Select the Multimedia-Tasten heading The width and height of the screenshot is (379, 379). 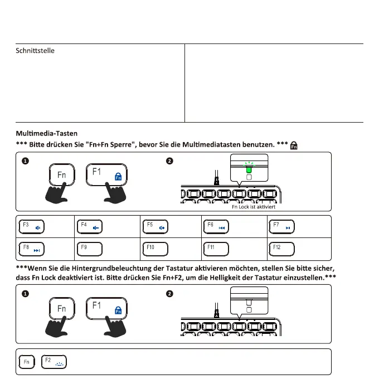[47, 134]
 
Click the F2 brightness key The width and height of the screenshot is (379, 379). [54, 362]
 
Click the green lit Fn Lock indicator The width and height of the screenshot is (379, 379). [249, 168]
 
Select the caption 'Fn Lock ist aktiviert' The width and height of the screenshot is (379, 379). [254, 206]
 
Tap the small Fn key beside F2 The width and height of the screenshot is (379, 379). [26, 362]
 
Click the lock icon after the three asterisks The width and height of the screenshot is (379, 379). [294, 145]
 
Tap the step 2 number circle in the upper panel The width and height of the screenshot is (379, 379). [169, 162]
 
